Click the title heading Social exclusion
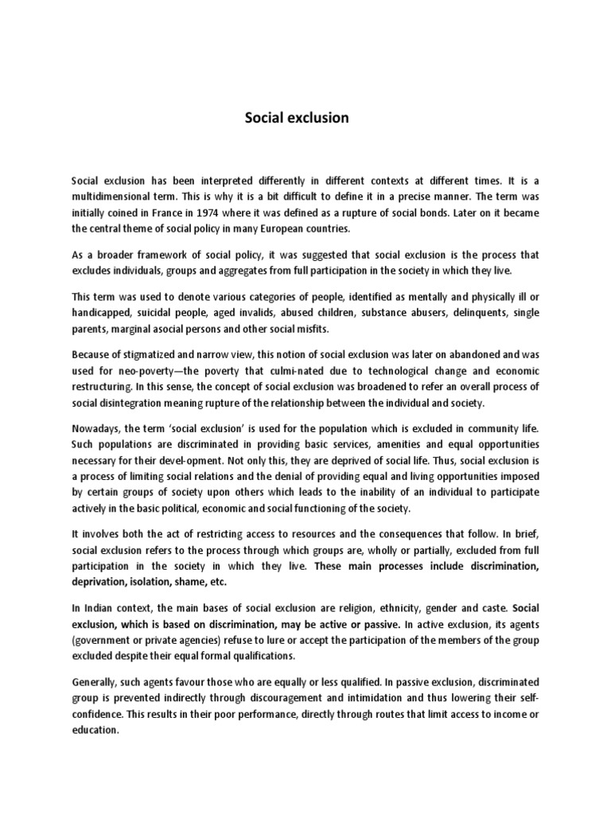tap(296, 118)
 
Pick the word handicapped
tap(101, 313)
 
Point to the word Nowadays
tap(97, 427)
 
